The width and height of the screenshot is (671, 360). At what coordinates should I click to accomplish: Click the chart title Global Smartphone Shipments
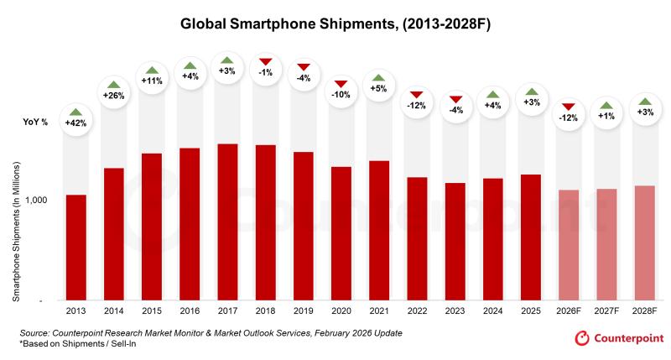point(335,24)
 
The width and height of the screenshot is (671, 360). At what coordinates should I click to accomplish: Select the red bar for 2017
point(227,222)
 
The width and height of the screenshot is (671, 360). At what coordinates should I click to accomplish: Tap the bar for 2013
point(76,247)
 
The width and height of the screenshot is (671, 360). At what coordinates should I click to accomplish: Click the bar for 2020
point(341,232)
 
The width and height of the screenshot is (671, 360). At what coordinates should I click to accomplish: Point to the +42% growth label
point(76,123)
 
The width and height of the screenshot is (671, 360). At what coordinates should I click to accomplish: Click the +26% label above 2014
point(114,95)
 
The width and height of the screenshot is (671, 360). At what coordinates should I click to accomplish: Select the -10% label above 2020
point(341,95)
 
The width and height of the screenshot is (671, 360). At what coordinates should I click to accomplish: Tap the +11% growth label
point(152,81)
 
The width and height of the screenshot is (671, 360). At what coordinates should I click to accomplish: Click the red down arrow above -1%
point(265,61)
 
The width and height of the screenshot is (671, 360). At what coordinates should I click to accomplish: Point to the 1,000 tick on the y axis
point(44,201)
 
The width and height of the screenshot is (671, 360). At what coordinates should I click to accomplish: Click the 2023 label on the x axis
point(455,311)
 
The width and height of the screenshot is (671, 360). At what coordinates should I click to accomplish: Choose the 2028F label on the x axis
point(644,311)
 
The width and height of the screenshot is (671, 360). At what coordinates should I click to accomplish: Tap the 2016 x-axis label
point(190,311)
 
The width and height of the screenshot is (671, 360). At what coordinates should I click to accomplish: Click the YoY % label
point(35,123)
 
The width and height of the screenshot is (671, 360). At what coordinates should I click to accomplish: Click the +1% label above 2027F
point(606,117)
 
